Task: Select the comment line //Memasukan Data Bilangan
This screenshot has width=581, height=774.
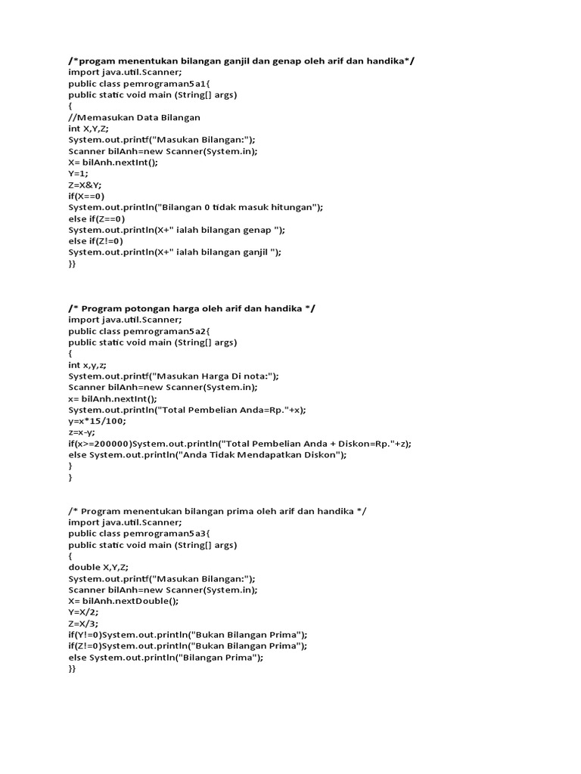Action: click(134, 118)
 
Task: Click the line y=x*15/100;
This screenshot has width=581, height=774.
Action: click(97, 421)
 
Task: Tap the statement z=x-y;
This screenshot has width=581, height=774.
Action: click(81, 432)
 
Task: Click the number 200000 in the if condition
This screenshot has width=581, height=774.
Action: click(111, 444)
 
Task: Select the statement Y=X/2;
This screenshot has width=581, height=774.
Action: click(82, 612)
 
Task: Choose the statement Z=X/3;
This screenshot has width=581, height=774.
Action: click(82, 624)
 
